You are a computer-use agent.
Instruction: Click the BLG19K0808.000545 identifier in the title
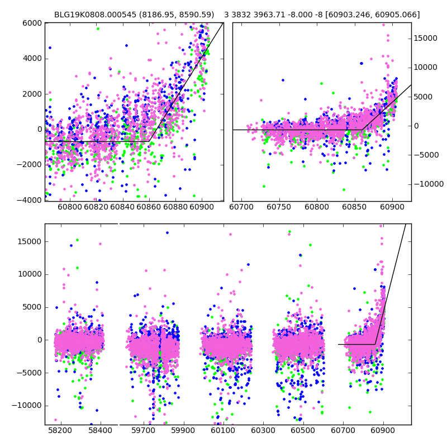[93, 15]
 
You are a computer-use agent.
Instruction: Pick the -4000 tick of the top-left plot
[31, 200]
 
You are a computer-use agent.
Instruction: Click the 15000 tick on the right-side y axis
[425, 39]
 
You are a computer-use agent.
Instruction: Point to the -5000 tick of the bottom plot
[31, 373]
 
